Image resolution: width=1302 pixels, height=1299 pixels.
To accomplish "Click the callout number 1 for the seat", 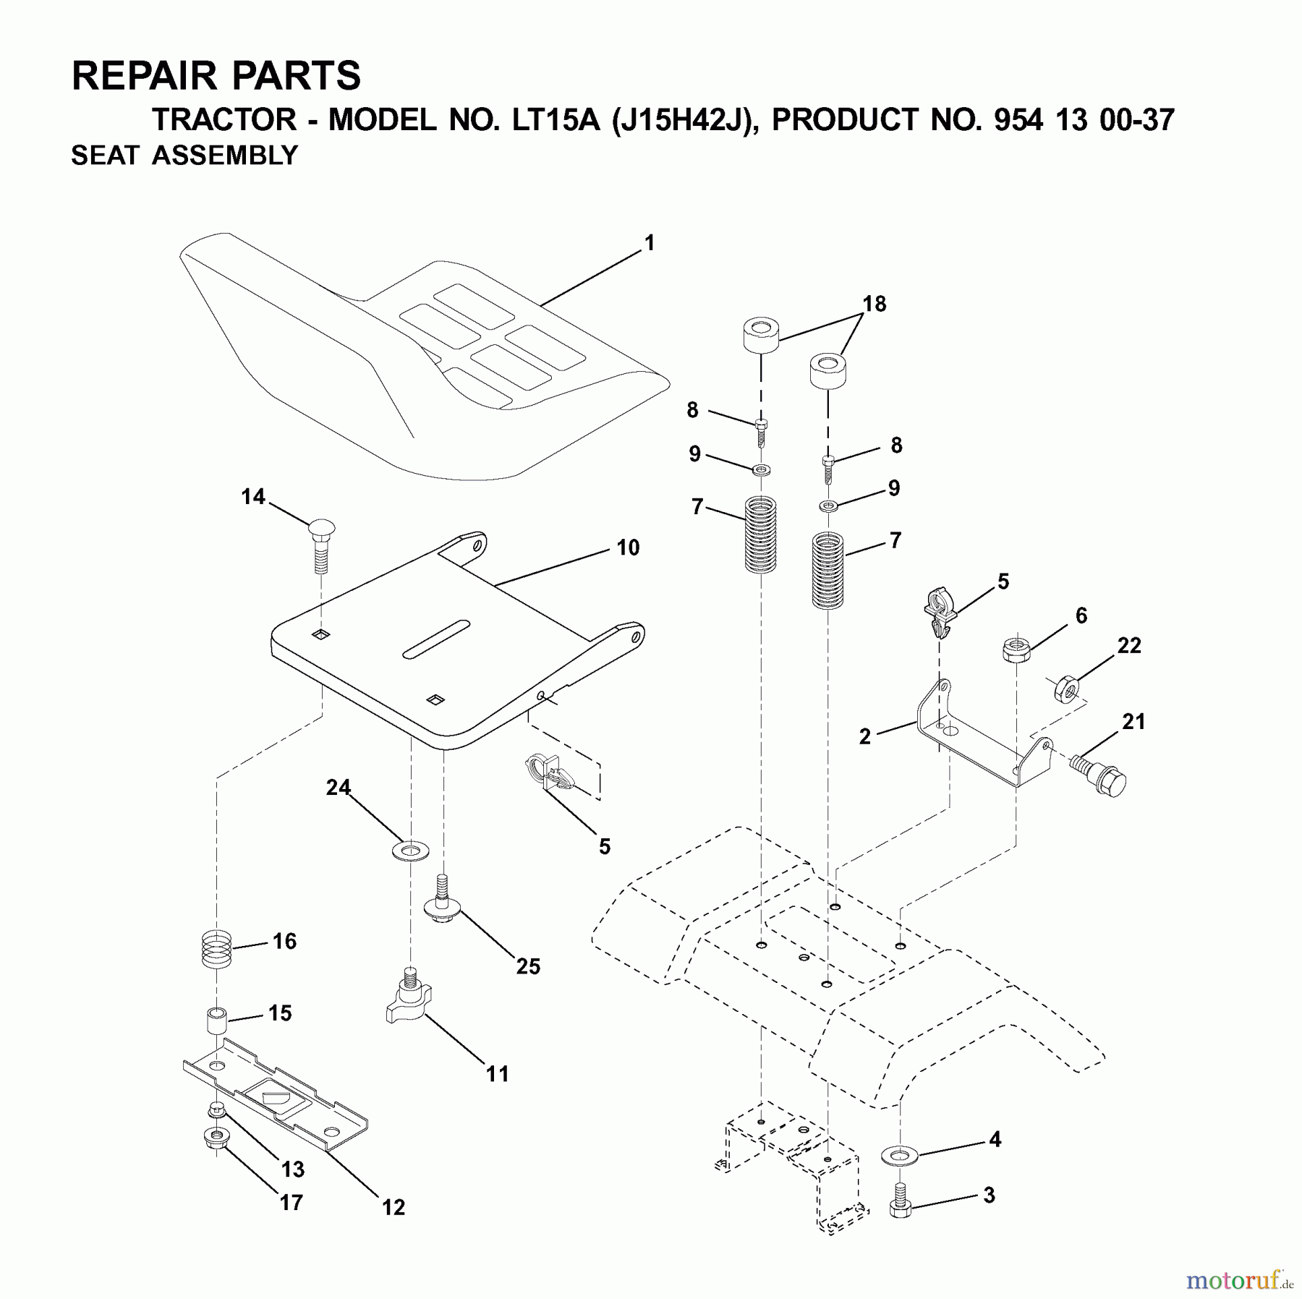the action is [x=650, y=243].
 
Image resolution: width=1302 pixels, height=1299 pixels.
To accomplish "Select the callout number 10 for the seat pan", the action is [x=628, y=548].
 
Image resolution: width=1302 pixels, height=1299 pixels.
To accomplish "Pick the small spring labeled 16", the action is [x=216, y=950].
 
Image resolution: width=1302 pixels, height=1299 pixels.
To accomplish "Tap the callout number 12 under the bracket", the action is [x=393, y=1207].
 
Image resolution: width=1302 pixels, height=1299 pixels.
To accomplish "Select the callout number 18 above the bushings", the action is [x=875, y=304].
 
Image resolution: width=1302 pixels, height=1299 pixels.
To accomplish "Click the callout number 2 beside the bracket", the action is [x=865, y=737].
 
